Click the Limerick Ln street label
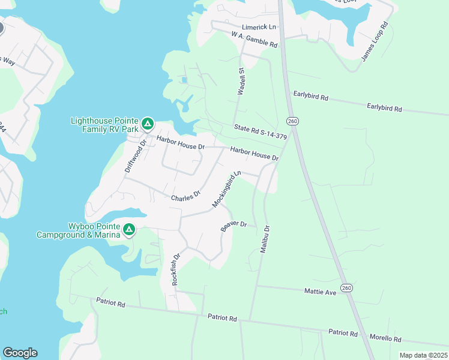[259, 28]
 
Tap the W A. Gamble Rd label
[255, 40]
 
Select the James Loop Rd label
[375, 42]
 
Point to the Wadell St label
[242, 82]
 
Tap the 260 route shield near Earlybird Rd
[292, 121]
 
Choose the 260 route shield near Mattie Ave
[346, 288]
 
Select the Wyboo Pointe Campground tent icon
[128, 230]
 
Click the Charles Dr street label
[185, 197]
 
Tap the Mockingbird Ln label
[226, 189]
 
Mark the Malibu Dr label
[265, 239]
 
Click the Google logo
[20, 353]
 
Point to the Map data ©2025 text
[423, 355]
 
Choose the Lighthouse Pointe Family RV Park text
[104, 124]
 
